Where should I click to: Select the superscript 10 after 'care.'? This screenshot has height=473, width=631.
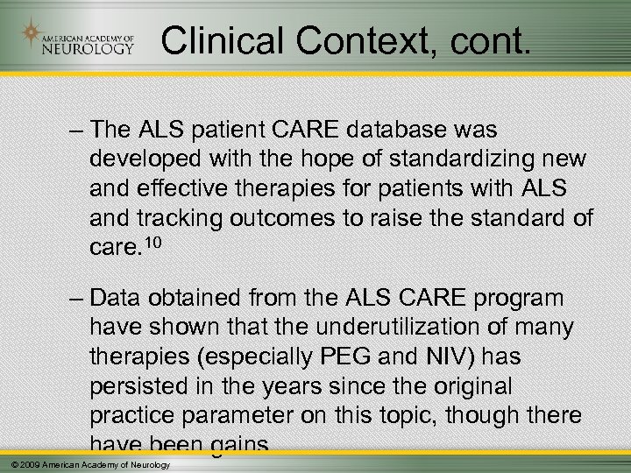151,240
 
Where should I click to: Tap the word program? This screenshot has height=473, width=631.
518,298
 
